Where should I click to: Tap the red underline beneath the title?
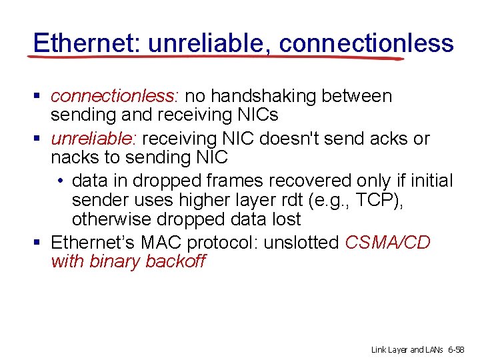click(x=213, y=58)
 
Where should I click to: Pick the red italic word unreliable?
click(x=93, y=139)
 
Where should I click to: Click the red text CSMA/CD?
click(x=388, y=242)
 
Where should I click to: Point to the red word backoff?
click(x=175, y=261)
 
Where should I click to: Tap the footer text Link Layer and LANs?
click(x=406, y=349)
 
